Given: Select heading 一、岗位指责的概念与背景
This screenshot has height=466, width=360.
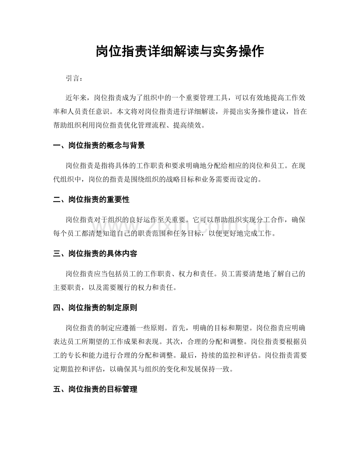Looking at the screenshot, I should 99,146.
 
